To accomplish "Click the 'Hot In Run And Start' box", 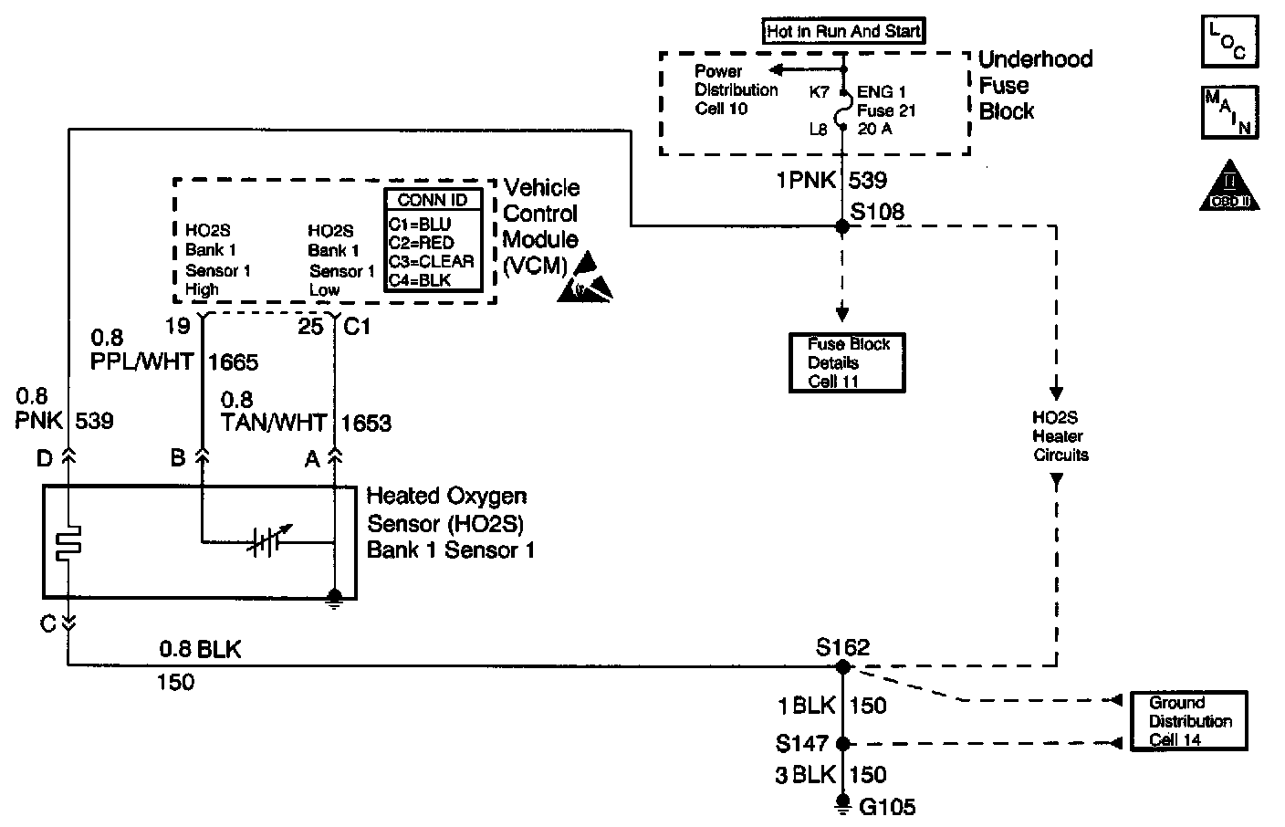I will click(843, 32).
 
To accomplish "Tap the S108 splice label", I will click(877, 212).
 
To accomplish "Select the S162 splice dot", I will click(843, 667).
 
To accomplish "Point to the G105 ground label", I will click(886, 807).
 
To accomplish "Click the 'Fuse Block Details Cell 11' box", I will click(847, 362).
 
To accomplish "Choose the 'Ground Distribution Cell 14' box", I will click(1188, 721).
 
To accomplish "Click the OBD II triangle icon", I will click(1229, 189).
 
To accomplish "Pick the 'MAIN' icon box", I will click(1229, 111).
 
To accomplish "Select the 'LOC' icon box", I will click(1229, 40).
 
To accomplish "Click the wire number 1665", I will click(234, 362).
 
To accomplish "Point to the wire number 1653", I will click(366, 423).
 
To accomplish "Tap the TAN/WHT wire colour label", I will click(274, 423).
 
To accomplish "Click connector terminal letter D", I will click(45, 458).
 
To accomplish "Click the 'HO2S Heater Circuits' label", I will click(1060, 436).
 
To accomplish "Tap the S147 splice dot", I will click(843, 743).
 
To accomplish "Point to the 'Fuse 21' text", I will click(886, 110).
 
